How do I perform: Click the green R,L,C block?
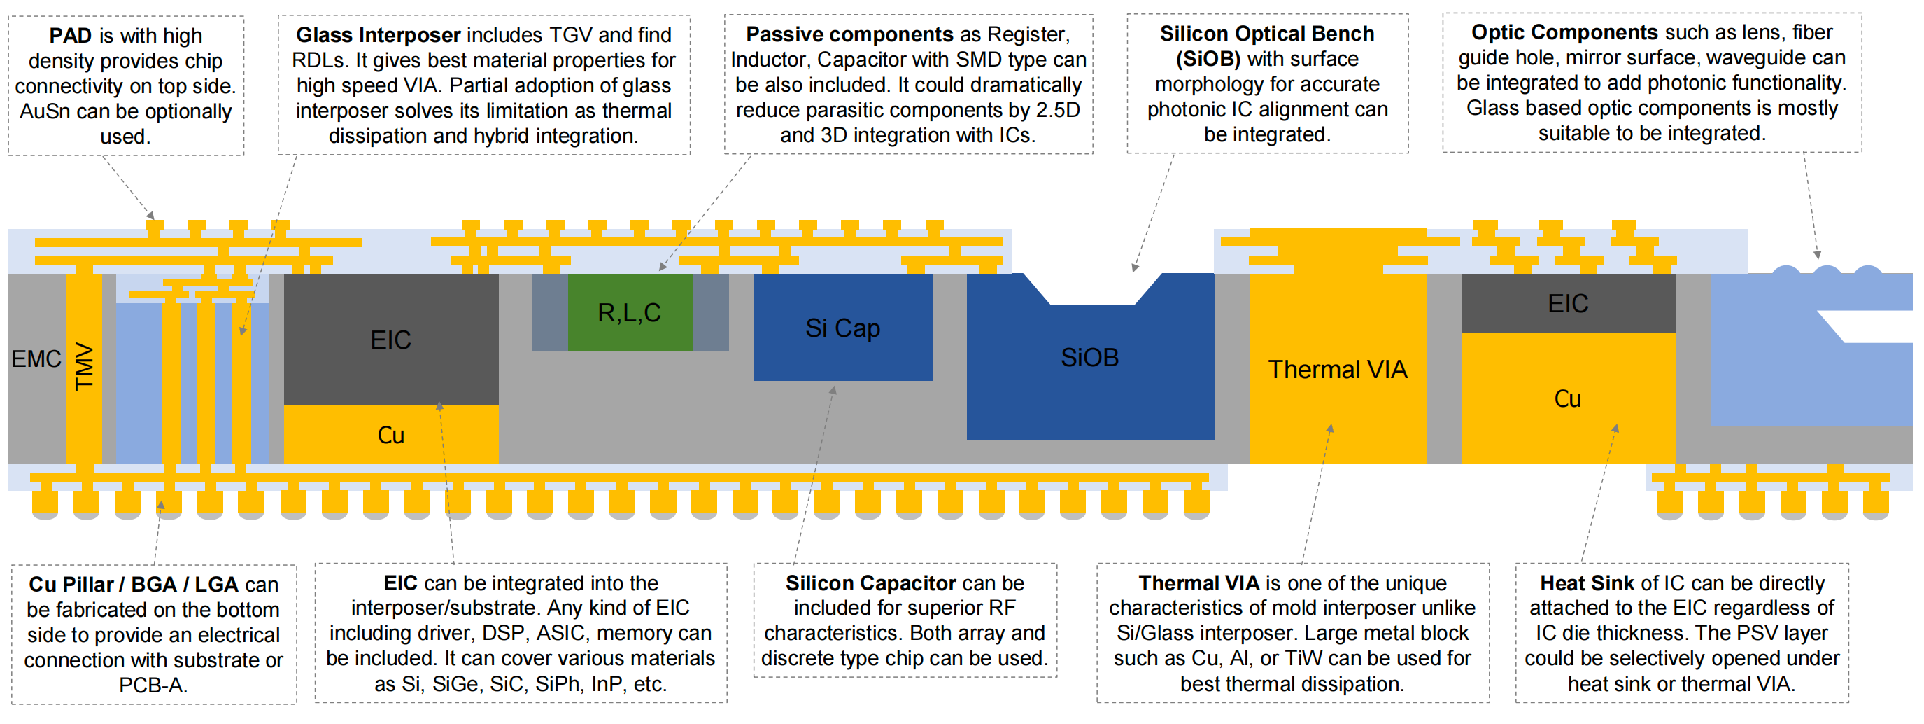click(630, 312)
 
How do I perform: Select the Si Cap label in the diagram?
click(842, 328)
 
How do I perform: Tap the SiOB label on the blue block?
click(1090, 358)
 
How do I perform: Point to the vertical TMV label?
click(85, 366)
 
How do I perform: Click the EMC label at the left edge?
click(36, 359)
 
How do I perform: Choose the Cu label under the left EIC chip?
click(390, 436)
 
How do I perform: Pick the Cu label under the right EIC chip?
click(1567, 399)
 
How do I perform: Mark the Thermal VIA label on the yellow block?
click(1337, 370)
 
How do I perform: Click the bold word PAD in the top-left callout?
click(70, 36)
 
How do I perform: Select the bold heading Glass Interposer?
click(378, 35)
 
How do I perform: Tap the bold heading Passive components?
click(849, 34)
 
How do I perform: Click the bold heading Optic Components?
click(1564, 33)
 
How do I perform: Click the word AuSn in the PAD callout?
click(45, 112)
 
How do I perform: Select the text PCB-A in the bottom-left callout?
click(153, 685)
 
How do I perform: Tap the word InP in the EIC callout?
click(611, 684)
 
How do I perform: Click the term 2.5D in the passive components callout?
click(1058, 111)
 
